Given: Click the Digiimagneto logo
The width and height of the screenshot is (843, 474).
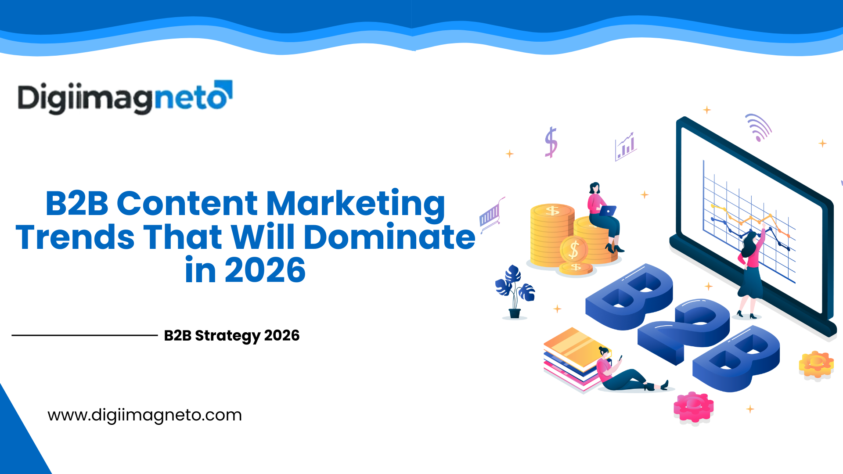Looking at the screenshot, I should coord(125,97).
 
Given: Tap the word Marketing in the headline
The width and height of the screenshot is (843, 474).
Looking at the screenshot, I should coord(356,204).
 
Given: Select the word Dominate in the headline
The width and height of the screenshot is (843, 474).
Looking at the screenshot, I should coord(389,237).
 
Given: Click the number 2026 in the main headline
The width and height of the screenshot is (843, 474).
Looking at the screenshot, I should coord(265,270).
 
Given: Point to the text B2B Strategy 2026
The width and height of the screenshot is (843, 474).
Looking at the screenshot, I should coord(231,336).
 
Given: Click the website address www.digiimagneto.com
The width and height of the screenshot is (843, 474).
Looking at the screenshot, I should coord(144,415).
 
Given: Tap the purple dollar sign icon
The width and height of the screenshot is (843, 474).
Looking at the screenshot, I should coord(551,142).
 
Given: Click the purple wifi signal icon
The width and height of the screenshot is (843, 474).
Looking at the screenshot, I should coord(759,127).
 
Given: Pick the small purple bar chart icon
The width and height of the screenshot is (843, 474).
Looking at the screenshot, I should coord(625,147).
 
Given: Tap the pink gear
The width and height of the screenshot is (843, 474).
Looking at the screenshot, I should coord(693,408).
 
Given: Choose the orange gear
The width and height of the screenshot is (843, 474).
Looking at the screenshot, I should coord(816,364).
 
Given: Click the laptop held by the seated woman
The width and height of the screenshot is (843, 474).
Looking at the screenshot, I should coord(607,211).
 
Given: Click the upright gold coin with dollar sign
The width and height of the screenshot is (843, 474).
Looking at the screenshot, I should coord(574,250).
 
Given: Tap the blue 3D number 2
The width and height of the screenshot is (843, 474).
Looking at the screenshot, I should coord(685,329).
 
